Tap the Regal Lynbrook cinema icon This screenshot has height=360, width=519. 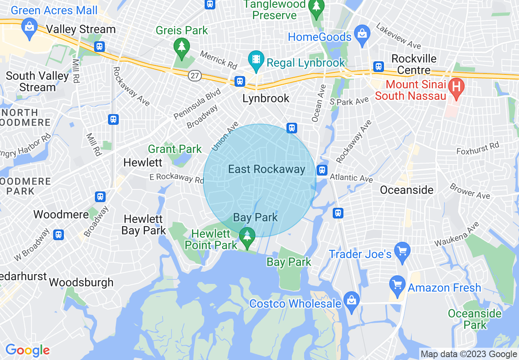point(256,59)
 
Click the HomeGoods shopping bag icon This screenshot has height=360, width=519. point(362,32)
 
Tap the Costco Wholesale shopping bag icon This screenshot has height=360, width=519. point(351,299)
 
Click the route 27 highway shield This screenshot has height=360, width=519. point(194,75)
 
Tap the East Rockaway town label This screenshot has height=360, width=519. point(266,169)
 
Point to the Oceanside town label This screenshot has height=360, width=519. point(406,190)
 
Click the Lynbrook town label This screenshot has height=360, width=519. point(266,99)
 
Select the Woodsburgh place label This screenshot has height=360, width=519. point(81,282)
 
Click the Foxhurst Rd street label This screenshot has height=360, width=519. point(478,148)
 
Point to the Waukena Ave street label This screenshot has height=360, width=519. point(456,234)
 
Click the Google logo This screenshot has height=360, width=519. point(27,350)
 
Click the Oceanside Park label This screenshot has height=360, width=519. point(474,319)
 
